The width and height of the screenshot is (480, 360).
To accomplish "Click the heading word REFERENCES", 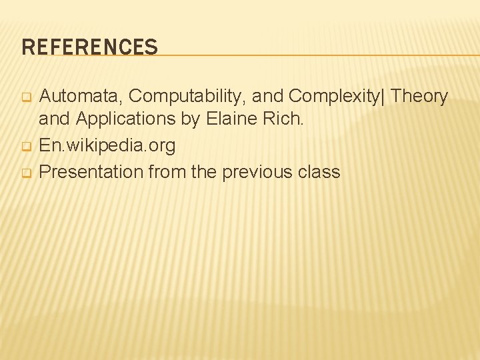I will [89, 47].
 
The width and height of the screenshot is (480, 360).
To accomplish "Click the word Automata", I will [81, 97].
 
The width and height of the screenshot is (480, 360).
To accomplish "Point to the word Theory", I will [420, 97].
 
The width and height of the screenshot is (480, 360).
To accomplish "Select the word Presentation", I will [91, 172].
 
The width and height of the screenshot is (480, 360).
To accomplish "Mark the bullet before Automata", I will [27, 98].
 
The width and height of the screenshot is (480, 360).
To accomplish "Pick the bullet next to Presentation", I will [27, 173].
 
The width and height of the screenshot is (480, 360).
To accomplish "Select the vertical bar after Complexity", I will [383, 97].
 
